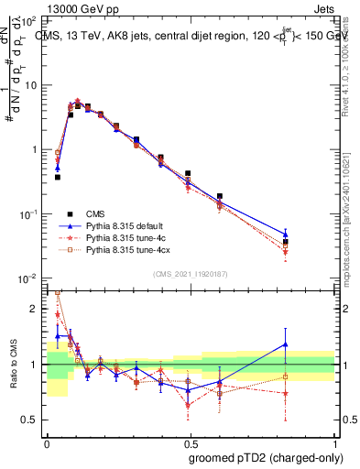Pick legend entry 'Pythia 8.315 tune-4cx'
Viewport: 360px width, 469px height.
pos(133,249)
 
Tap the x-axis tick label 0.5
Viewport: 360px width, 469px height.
pos(190,442)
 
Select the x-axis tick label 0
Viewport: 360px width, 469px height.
pos(46,442)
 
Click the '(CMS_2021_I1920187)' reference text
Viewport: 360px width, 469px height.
pos(190,273)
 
